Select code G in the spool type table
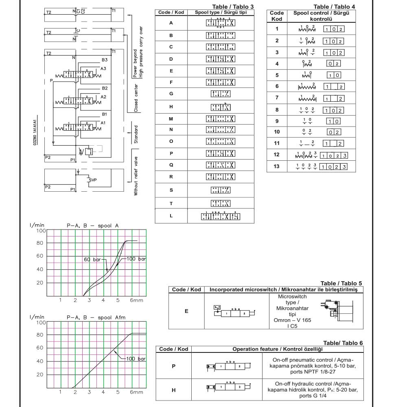pos(171,94)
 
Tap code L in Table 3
pos(171,216)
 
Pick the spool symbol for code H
pos(221,107)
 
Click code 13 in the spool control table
pos(277,166)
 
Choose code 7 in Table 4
pos(277,98)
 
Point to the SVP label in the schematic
pos(93,179)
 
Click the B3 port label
pos(105,60)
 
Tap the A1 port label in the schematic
pos(103,123)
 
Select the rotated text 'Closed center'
pos(136,98)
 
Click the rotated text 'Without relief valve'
pos(136,172)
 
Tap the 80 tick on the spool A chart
pos(40,243)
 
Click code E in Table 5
pos(186,311)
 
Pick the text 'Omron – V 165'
pos(293,320)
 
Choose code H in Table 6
pos(173,390)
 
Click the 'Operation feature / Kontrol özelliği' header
pos(277,349)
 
